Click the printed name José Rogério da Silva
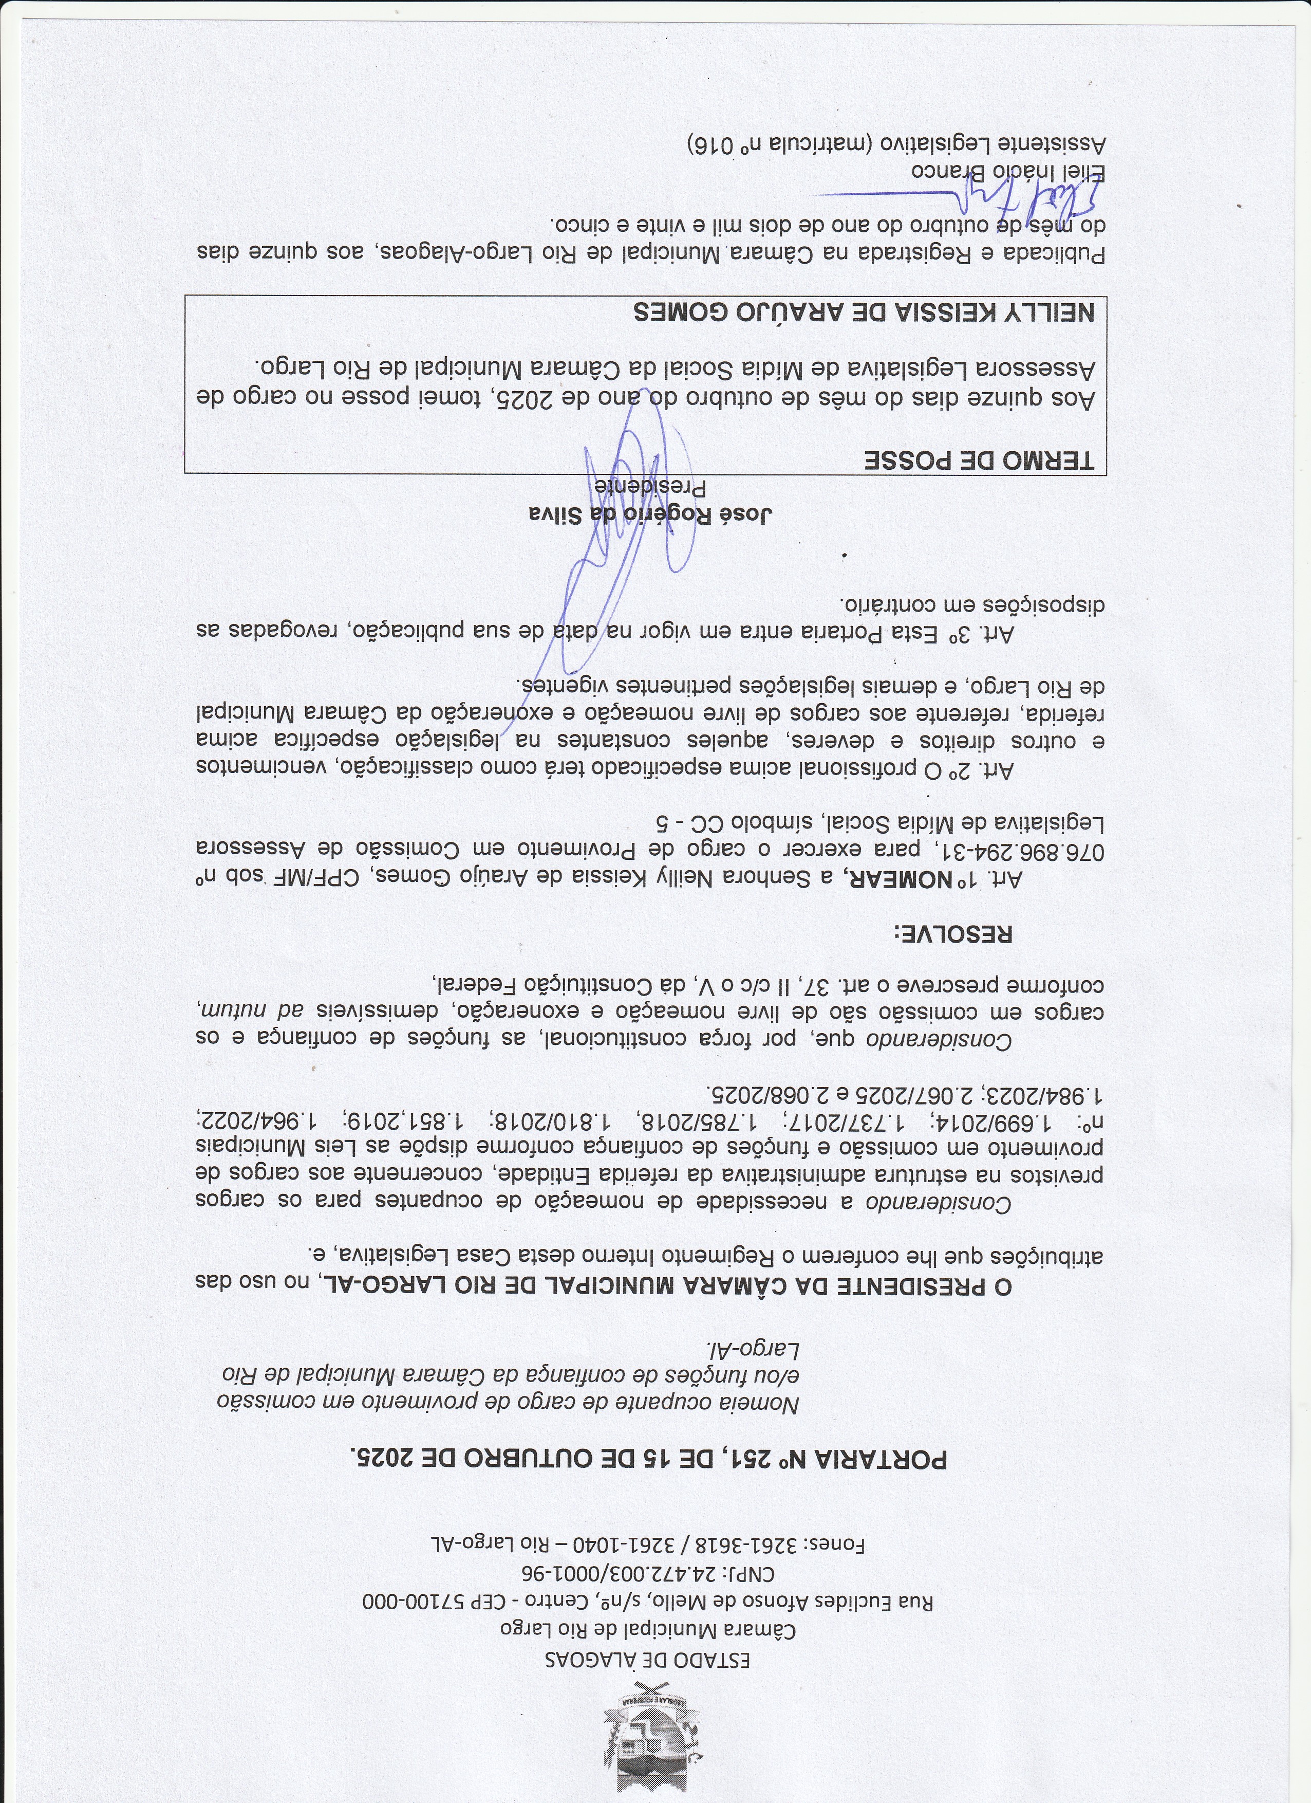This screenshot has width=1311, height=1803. point(651,515)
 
